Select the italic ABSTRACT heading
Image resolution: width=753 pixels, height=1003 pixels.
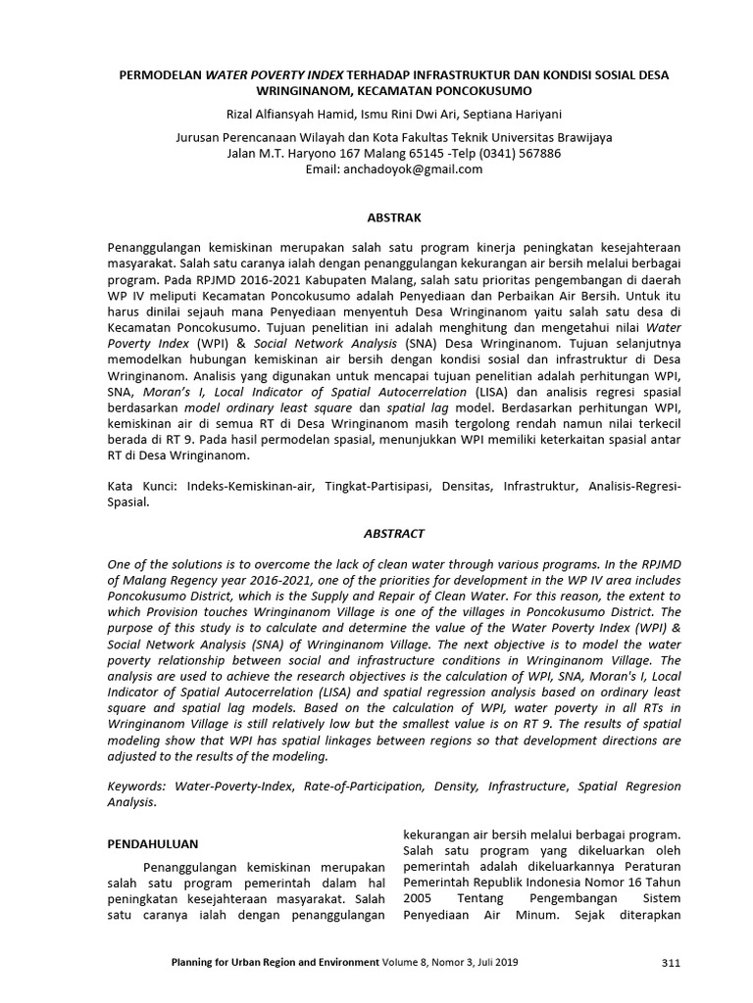(x=394, y=533)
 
